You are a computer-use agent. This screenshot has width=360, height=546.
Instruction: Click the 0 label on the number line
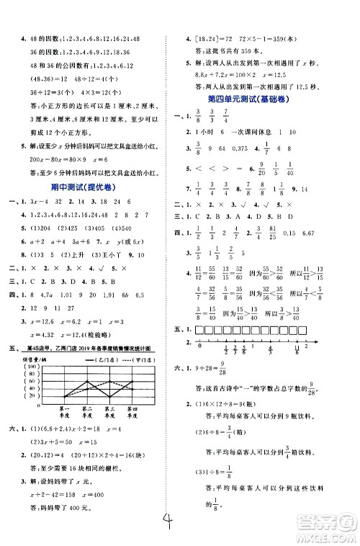pos(199,345)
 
